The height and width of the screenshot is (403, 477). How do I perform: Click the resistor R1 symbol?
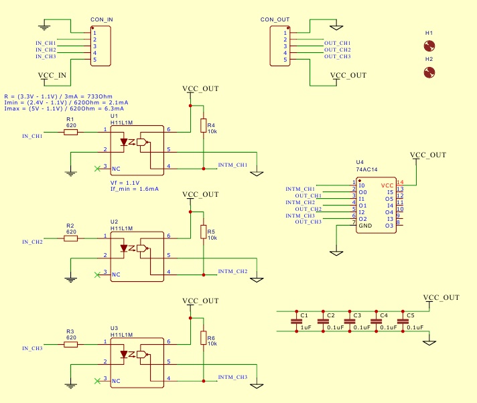click(71, 133)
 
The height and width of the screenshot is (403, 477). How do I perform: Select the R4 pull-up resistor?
click(203, 125)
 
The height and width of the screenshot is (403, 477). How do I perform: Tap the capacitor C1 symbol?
click(296, 322)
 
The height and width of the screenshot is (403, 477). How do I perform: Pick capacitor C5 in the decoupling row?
click(402, 322)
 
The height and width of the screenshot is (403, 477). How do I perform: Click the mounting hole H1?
click(429, 46)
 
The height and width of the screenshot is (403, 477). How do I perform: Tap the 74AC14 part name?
click(366, 171)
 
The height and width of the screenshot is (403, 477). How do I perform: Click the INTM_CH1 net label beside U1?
click(232, 165)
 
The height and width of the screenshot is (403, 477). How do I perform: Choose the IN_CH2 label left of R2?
click(32, 242)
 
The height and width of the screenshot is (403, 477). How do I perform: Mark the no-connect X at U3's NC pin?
click(98, 380)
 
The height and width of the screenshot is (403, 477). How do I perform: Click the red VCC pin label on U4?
click(387, 185)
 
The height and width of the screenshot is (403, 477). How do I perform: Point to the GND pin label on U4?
click(364, 226)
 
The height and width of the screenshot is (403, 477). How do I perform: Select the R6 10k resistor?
click(203, 339)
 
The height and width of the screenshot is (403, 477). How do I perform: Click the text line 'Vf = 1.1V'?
click(124, 182)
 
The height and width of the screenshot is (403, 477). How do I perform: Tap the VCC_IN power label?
click(52, 75)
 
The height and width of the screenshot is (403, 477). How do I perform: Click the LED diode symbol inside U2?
click(124, 248)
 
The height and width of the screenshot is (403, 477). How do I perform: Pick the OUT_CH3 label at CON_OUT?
click(337, 56)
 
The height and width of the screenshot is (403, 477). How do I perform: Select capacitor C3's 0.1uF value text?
click(362, 327)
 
